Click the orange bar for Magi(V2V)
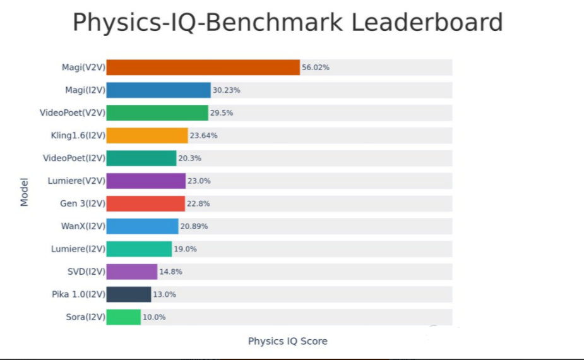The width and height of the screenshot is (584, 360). [203, 68]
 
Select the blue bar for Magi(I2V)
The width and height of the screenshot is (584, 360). [158, 90]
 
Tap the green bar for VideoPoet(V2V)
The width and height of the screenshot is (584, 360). [157, 113]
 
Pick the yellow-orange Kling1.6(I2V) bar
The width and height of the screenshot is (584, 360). [147, 136]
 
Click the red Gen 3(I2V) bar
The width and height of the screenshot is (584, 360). [146, 203]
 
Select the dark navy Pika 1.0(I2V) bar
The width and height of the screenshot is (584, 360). [129, 294]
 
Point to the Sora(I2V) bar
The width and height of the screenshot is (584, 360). [124, 317]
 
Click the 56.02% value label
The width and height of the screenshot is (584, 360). [316, 68]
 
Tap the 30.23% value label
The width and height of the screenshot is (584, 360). [227, 90]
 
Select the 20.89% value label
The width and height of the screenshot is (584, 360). [194, 226]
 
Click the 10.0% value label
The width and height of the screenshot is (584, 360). [154, 317]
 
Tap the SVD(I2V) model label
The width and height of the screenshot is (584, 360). [86, 272]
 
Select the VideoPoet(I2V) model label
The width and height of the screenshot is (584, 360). [74, 158]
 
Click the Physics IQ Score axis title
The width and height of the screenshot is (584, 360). [288, 342]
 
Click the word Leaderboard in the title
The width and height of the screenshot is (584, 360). [427, 23]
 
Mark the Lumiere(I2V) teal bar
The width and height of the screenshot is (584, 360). [139, 249]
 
